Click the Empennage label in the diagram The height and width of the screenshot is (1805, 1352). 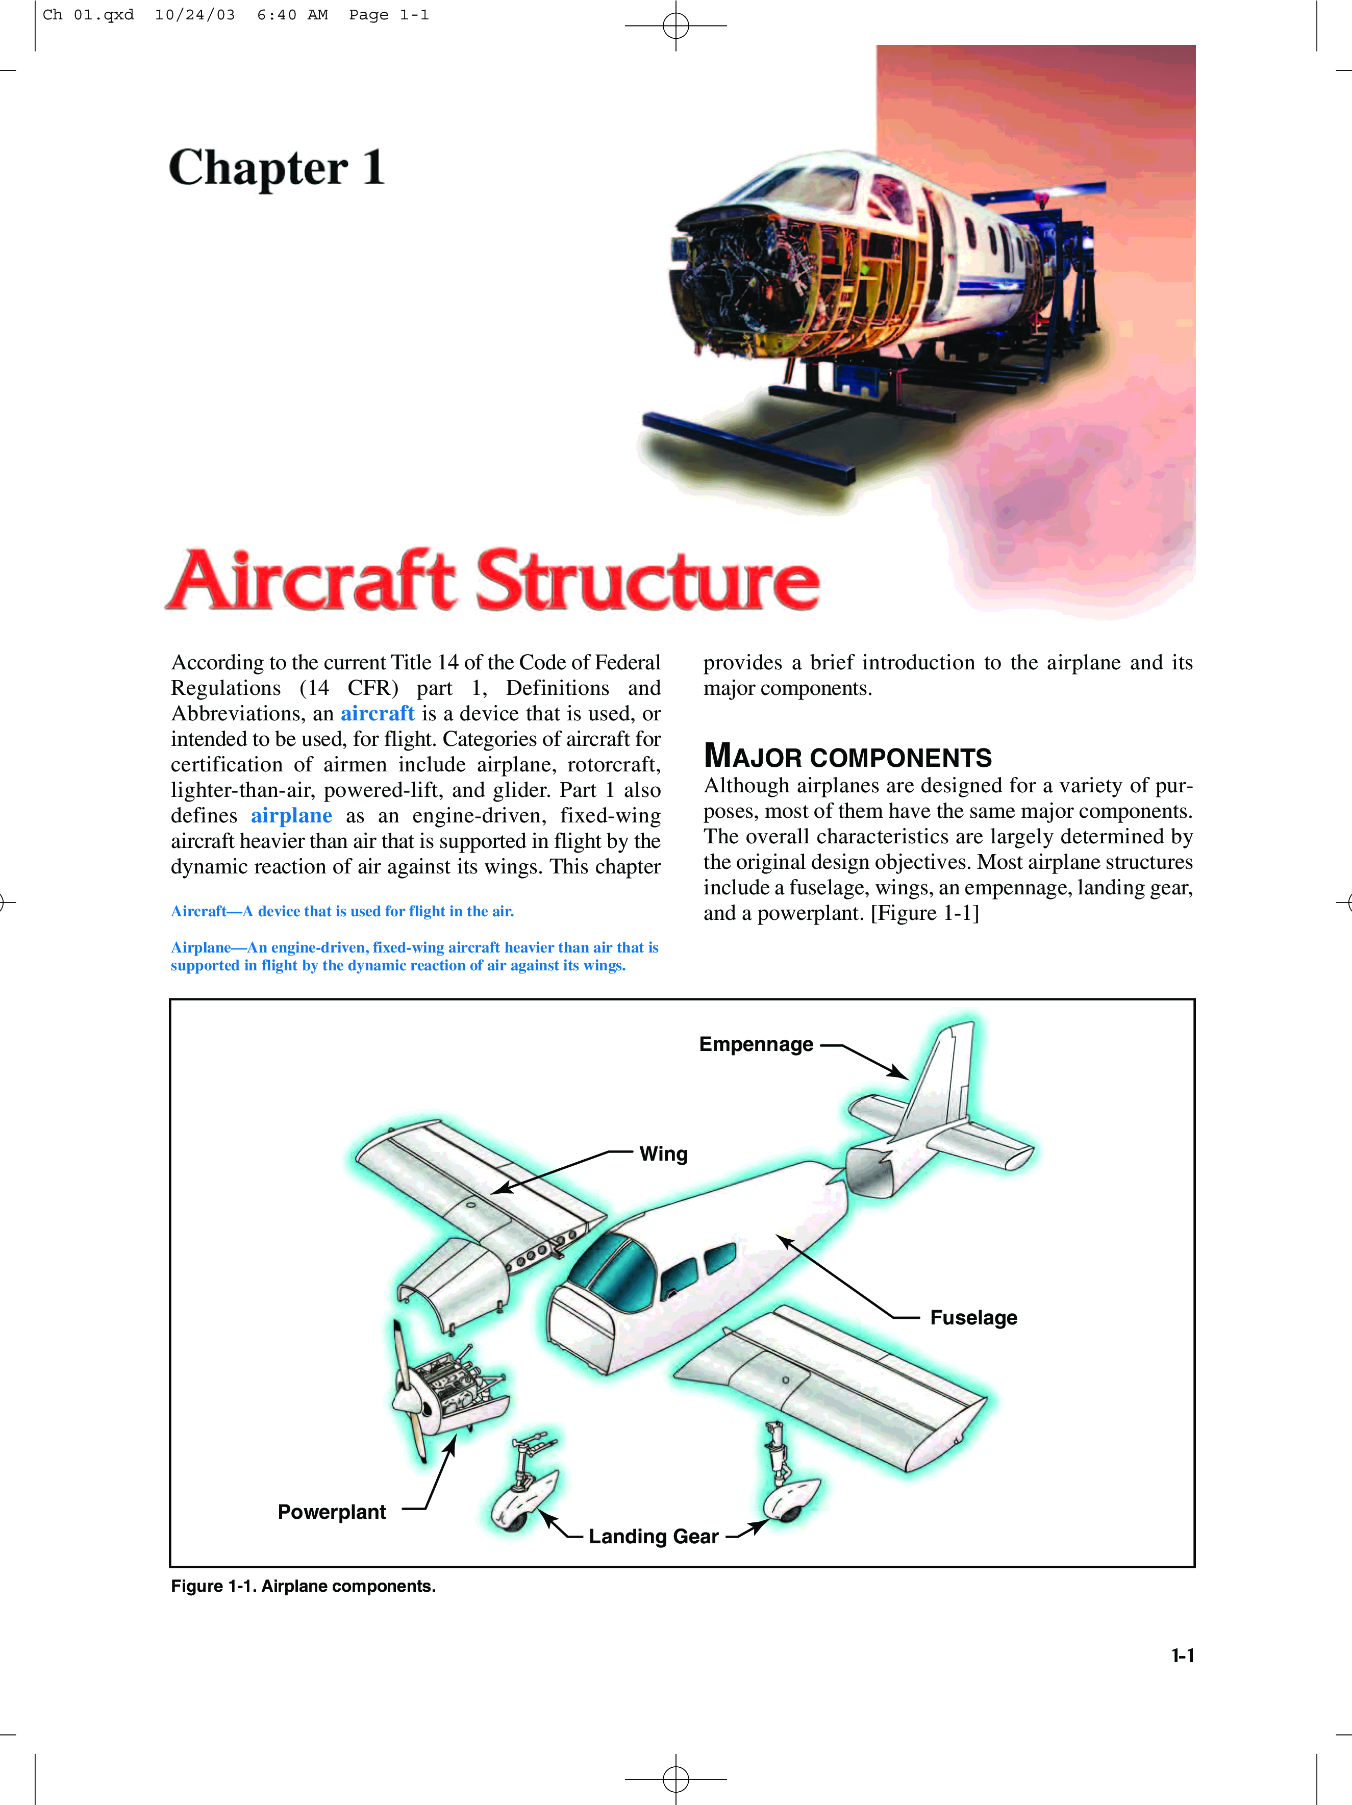pos(756,1044)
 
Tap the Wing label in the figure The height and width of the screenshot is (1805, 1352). pos(663,1154)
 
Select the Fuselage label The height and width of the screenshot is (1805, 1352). pos(973,1318)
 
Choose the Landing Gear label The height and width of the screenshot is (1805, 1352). pos(654,1537)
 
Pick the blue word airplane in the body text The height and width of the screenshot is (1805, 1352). pos(291,816)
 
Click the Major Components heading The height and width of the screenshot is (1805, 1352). pos(848,757)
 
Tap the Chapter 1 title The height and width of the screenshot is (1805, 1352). pos(277,168)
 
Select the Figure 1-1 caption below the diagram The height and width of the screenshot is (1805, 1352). pos(304,1586)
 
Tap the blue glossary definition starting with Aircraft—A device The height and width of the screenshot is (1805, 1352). pos(343,912)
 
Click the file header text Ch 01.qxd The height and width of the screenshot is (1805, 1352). pos(88,15)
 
